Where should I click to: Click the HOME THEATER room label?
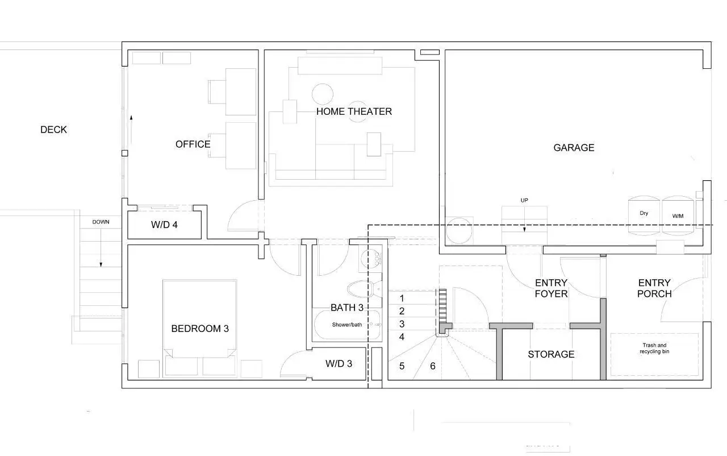tap(354, 111)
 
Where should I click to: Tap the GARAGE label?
tap(574, 148)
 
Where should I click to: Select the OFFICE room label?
tap(193, 144)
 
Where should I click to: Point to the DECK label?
tap(53, 130)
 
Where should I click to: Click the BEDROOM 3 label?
tap(200, 329)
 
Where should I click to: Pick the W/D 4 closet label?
tap(164, 225)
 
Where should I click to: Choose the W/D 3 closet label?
tap(339, 363)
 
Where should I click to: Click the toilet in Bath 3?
tap(365, 288)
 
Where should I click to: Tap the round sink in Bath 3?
tap(371, 259)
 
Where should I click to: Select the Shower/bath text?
tap(347, 325)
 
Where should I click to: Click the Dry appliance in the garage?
tap(644, 215)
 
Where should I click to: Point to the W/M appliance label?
tap(678, 216)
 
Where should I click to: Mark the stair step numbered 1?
tap(402, 298)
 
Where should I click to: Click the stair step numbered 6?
tap(433, 366)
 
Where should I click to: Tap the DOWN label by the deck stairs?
tap(101, 222)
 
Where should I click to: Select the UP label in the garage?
tap(524, 200)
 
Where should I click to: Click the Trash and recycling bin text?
tap(654, 348)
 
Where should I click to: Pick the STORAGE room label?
tap(551, 354)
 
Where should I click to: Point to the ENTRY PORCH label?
tap(654, 288)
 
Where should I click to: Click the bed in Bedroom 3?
tap(200, 329)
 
